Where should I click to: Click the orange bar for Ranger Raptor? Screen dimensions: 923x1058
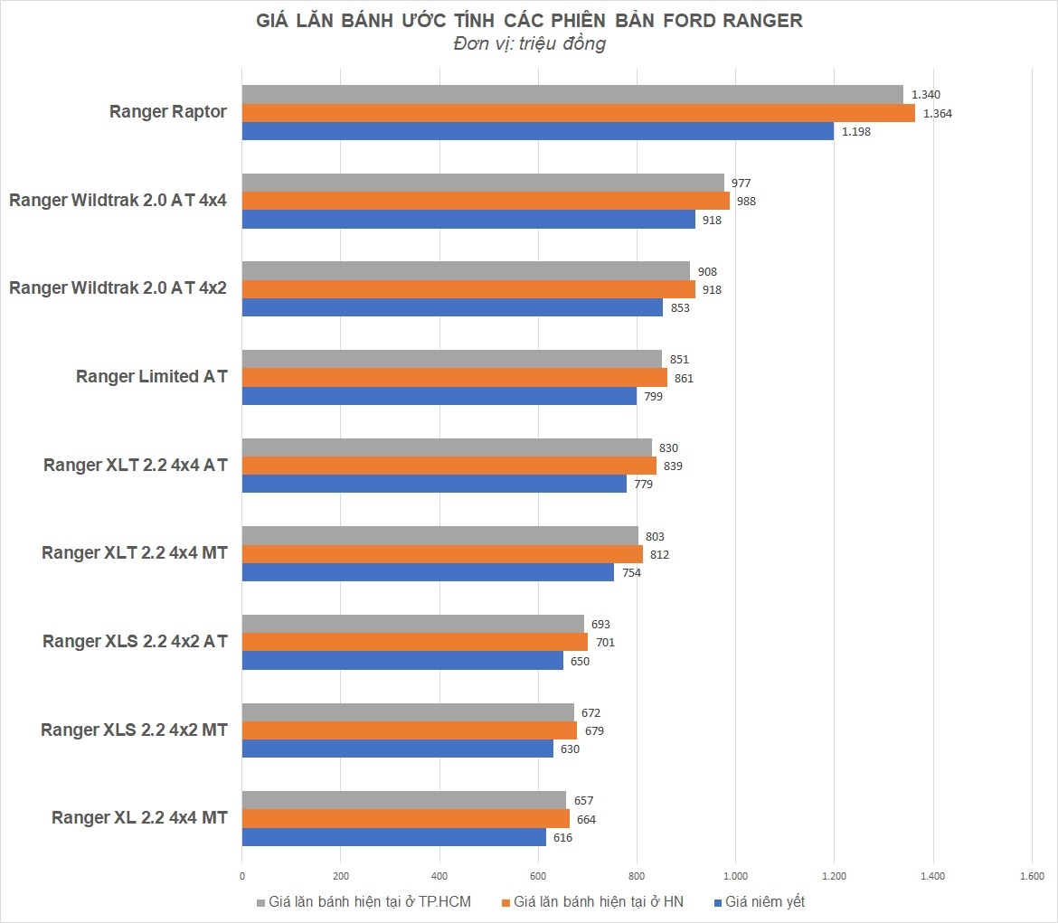(x=579, y=113)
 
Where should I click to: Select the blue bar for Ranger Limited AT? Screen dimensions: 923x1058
(x=439, y=396)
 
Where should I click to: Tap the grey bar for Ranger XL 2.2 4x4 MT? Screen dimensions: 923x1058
(x=403, y=800)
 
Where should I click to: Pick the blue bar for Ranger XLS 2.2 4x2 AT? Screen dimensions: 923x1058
(x=402, y=661)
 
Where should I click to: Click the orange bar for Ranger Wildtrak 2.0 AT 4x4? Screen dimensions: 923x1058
(x=486, y=201)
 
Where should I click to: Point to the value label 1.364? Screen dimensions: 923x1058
(x=938, y=113)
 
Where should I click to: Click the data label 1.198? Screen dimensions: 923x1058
(x=856, y=132)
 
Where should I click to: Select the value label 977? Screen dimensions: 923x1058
(x=742, y=183)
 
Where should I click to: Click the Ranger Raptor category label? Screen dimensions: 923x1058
(x=168, y=112)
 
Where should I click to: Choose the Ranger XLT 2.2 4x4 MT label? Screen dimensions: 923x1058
(x=135, y=552)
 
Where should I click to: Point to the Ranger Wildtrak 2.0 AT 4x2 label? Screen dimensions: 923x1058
(x=118, y=288)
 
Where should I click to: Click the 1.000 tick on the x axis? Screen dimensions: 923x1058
(x=735, y=875)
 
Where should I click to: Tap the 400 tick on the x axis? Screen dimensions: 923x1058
(x=439, y=875)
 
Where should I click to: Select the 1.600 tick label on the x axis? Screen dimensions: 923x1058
(x=1031, y=875)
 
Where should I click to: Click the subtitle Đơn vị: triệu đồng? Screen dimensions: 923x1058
(x=529, y=44)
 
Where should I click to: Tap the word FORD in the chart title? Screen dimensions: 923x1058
(x=683, y=20)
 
